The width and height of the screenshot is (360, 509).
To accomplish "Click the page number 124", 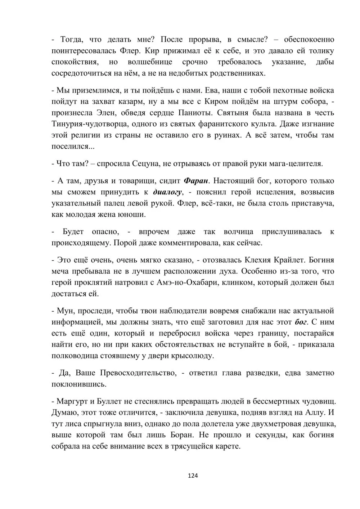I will coord(193,476).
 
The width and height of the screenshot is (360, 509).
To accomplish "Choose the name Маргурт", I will coord(72,401).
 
